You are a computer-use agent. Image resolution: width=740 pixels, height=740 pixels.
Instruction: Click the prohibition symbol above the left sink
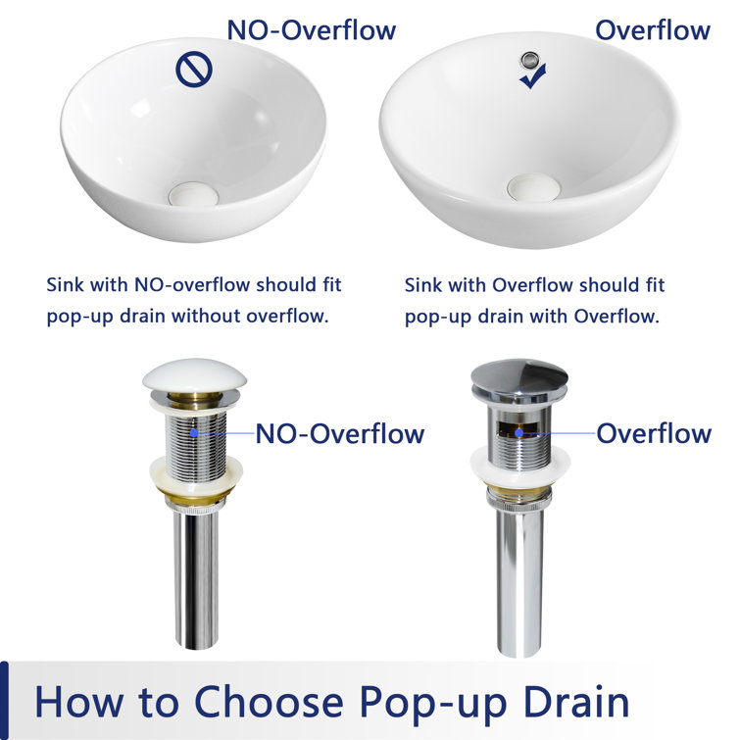coord(192,70)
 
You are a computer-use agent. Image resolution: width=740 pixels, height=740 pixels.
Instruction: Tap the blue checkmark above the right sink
coord(533,78)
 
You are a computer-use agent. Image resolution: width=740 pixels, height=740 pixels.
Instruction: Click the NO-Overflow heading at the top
coord(312,29)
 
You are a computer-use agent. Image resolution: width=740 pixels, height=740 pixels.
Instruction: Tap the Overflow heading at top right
coord(653,29)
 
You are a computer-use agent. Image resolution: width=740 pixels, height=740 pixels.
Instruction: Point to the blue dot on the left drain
coord(194,432)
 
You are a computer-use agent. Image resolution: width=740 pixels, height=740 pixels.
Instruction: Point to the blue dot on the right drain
coord(519,432)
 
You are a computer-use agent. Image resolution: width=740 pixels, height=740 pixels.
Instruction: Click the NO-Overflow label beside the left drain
coord(340,433)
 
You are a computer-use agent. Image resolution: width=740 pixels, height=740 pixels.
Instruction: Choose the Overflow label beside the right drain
coord(654,433)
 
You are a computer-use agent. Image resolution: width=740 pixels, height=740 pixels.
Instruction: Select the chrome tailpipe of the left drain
coord(195,578)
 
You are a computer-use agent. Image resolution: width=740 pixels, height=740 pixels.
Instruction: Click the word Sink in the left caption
coord(67,285)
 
